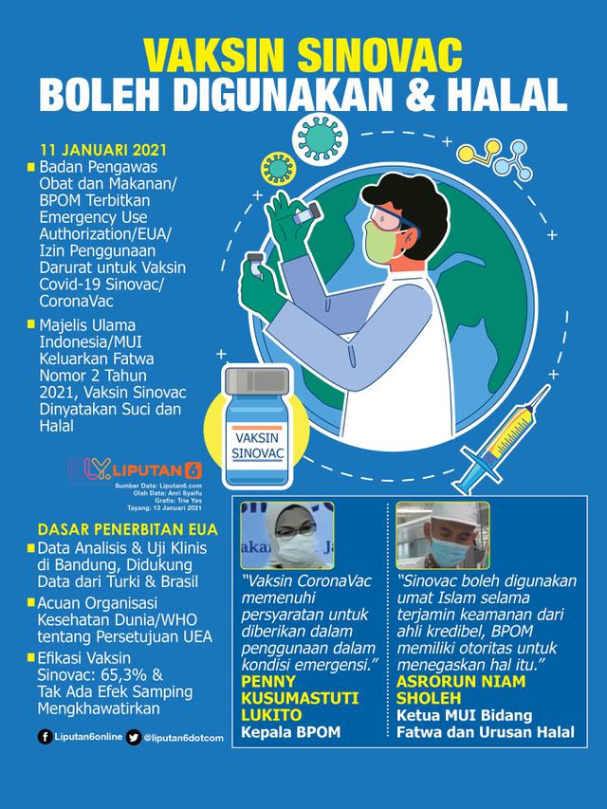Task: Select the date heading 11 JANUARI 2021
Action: [x=89, y=151]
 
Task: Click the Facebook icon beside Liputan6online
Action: [x=46, y=738]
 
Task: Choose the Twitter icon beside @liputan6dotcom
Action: [x=134, y=738]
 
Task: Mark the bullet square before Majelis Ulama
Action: [x=32, y=326]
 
